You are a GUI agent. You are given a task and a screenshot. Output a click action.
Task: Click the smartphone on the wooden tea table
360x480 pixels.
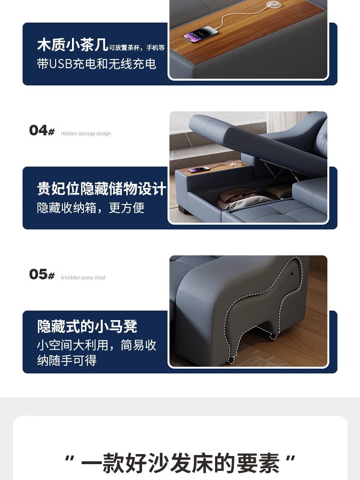coord(201,34)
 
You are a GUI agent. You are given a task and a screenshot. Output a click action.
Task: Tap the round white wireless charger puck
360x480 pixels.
coord(274,4)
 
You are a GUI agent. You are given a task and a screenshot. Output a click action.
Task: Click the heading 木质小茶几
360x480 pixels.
coord(72,45)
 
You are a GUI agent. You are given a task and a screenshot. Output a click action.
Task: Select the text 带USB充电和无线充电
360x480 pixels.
coord(96,64)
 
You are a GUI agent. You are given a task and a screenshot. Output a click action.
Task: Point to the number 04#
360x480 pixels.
coord(42,130)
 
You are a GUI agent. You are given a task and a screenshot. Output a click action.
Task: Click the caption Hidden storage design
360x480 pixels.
coord(86,133)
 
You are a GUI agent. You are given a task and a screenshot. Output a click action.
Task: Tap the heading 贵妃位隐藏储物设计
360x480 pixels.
coord(102,188)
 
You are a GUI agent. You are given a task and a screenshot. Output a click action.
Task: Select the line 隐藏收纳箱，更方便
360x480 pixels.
coord(91,207)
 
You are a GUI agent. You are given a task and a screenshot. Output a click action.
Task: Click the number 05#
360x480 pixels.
coord(42,274)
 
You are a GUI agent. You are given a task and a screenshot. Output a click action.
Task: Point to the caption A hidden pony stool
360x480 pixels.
coord(83,277)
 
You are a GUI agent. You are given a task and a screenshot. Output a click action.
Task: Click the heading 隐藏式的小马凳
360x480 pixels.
coord(87,326)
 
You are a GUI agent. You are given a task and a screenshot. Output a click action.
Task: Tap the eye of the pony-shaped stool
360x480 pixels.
coord(292,274)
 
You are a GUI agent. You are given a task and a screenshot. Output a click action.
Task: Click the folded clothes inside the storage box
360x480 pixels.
coord(245,199)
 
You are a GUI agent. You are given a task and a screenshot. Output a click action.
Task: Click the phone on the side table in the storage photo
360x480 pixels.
coord(199,169)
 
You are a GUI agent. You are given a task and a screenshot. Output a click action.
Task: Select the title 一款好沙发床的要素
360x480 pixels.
coord(180,463)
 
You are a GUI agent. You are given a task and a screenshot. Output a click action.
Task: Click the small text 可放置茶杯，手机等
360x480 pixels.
coord(137,48)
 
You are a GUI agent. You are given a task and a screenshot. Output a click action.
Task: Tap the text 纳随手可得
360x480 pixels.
coord(67,360)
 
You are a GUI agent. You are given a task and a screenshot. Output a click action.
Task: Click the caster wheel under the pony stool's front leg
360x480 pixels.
coord(230,360)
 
